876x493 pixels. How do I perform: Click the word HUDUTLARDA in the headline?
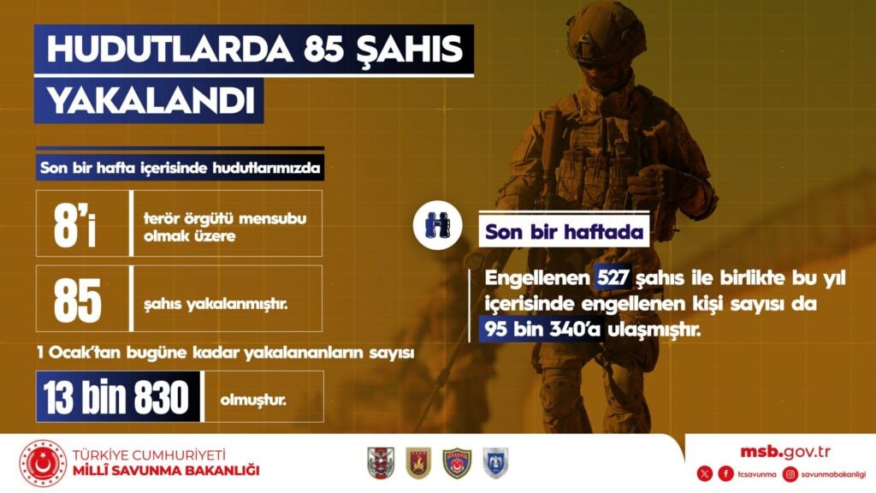pyautogui.click(x=170, y=49)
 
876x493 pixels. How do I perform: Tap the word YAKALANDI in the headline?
pyautogui.click(x=151, y=101)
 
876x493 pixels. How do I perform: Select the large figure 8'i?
pyautogui.click(x=74, y=225)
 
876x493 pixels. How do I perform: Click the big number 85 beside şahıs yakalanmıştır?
pyautogui.click(x=78, y=301)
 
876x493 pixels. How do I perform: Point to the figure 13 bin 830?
pyautogui.click(x=116, y=397)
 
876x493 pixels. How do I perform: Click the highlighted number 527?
pyautogui.click(x=613, y=277)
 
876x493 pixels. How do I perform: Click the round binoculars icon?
pyautogui.click(x=437, y=225)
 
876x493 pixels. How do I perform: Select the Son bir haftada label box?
pyautogui.click(x=564, y=231)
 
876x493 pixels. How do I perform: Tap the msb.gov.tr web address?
pyautogui.click(x=785, y=452)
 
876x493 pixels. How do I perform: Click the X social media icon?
pyautogui.click(x=705, y=474)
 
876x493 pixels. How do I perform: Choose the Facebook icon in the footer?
pyautogui.click(x=725, y=474)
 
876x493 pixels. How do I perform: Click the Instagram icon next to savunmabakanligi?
pyautogui.click(x=790, y=474)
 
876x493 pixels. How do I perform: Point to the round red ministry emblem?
pyautogui.click(x=43, y=464)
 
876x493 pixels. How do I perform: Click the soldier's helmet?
pyautogui.click(x=606, y=32)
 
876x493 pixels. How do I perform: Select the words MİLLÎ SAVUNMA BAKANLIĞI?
pyautogui.click(x=166, y=471)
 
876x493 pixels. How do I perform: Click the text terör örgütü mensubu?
pyautogui.click(x=225, y=218)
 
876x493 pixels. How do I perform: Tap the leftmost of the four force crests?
pyautogui.click(x=381, y=463)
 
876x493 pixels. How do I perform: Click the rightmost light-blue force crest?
pyautogui.click(x=495, y=463)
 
